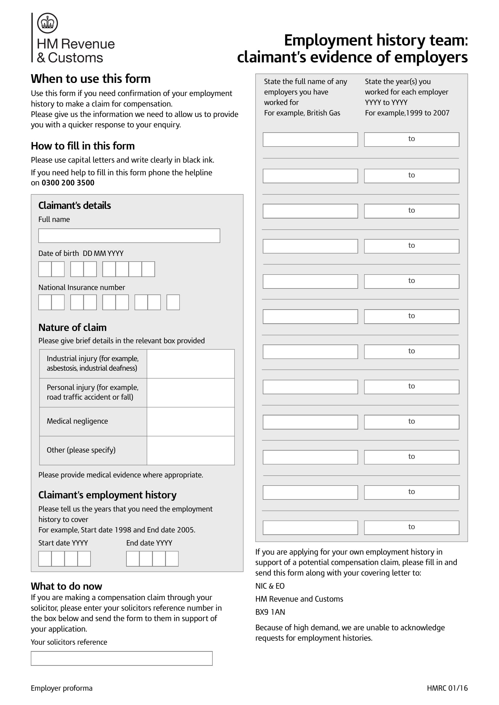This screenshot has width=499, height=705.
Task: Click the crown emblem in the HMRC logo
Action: [47, 23]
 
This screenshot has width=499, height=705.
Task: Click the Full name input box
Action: [129, 235]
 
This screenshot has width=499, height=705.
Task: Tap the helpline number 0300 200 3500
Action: [68, 183]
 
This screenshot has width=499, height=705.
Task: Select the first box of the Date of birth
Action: [45, 269]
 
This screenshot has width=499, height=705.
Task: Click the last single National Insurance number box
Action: [173, 302]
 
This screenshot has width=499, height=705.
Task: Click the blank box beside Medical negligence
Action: [190, 421]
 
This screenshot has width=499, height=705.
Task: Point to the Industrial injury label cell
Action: [93, 363]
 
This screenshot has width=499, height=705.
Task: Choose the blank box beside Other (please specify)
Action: [190, 450]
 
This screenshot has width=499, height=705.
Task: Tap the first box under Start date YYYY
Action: [45, 559]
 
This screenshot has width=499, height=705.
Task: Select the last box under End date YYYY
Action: [172, 559]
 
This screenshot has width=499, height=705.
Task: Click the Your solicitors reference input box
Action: [122, 658]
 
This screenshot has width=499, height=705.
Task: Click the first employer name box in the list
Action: [310, 140]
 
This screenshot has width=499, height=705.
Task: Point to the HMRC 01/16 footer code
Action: [447, 688]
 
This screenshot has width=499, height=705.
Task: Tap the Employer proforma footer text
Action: [62, 688]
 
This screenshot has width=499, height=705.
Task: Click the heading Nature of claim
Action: [72, 327]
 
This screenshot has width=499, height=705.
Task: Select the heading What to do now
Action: [66, 586]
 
